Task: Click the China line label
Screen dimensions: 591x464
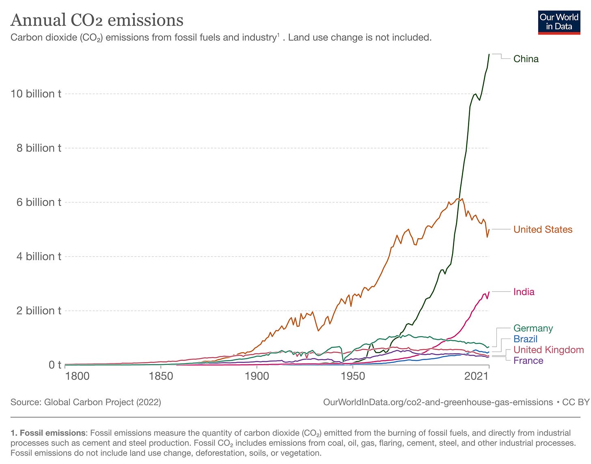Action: click(526, 59)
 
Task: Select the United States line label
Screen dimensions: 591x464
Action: click(543, 229)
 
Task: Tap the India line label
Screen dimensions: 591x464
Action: click(524, 291)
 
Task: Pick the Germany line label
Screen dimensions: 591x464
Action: click(533, 328)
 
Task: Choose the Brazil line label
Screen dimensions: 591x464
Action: click(525, 339)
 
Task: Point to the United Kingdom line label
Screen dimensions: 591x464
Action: click(548, 350)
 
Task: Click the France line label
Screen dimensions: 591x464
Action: click(528, 360)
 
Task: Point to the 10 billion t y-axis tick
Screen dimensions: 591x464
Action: click(36, 94)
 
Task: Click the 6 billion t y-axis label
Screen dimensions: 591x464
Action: click(39, 202)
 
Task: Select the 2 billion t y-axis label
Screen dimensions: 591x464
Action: click(39, 311)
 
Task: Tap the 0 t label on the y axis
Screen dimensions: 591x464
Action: click(55, 365)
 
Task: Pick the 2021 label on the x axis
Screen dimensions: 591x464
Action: click(476, 376)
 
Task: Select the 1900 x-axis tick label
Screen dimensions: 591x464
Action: click(257, 376)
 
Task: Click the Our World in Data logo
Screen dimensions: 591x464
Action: click(559, 23)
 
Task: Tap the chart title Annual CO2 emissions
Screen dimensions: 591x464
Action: click(97, 20)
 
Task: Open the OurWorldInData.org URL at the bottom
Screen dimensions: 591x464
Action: click(438, 402)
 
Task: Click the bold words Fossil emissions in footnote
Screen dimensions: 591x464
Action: click(52, 433)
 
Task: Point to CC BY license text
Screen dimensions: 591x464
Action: click(576, 402)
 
